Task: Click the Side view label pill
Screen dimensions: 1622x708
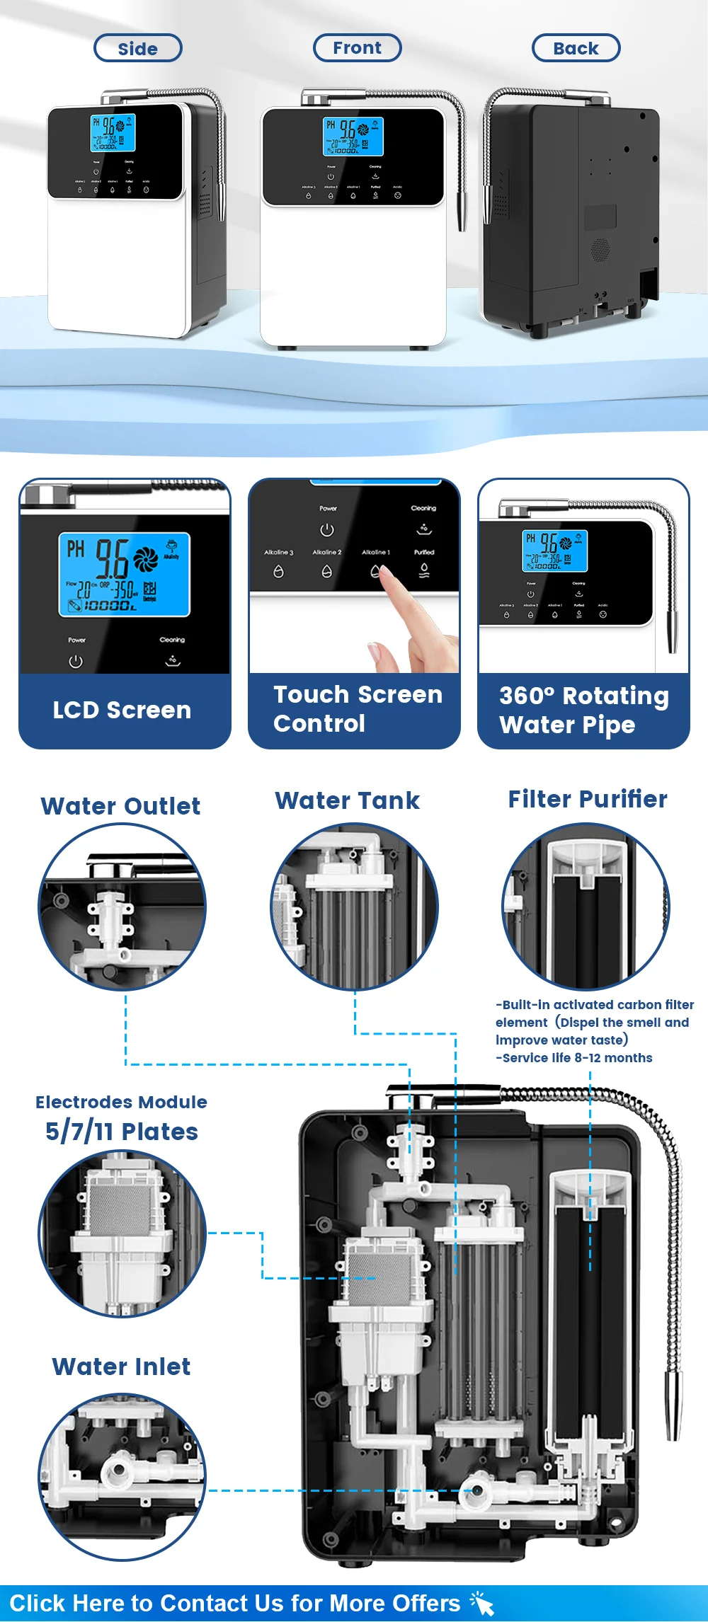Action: click(x=138, y=48)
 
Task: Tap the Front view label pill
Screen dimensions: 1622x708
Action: click(x=357, y=47)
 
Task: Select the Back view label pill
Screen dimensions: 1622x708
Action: click(x=576, y=48)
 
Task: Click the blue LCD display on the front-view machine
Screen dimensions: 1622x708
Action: click(x=353, y=136)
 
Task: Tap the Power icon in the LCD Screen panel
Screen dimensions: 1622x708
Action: click(x=76, y=662)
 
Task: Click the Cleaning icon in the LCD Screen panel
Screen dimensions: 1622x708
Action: click(x=172, y=660)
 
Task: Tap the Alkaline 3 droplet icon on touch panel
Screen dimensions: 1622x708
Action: click(x=278, y=571)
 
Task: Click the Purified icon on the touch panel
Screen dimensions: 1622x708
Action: click(x=424, y=570)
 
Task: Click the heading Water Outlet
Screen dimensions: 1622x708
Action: click(x=120, y=806)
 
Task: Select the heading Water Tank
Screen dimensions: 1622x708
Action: click(x=347, y=800)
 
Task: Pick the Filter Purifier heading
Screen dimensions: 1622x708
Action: click(x=588, y=799)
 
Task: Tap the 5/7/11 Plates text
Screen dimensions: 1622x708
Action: click(x=122, y=1131)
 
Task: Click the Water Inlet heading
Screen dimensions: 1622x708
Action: click(x=121, y=1366)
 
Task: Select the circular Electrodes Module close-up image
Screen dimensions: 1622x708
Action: click(x=122, y=1233)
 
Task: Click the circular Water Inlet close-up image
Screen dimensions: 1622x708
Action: click(x=122, y=1476)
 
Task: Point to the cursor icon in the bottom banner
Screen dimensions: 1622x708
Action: click(x=483, y=1604)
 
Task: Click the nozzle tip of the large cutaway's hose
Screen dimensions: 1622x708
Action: click(x=673, y=1422)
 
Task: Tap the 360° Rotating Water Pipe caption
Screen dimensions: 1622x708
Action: click(x=583, y=710)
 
